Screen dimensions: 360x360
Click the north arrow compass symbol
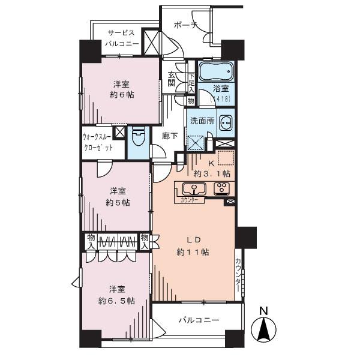tap(263, 329)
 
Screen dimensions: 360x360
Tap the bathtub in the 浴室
tap(215, 72)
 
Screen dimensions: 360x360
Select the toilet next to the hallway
tap(137, 140)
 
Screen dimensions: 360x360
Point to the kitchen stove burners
tap(220, 188)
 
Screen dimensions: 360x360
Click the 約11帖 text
tap(192, 252)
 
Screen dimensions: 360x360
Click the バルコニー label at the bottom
tap(199, 320)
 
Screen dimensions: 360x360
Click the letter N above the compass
tap(263, 311)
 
